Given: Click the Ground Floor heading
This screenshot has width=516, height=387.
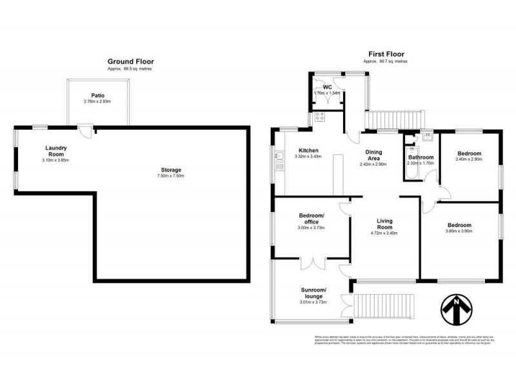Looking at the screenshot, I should click(130, 61).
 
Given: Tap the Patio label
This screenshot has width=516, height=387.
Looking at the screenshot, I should click(98, 95).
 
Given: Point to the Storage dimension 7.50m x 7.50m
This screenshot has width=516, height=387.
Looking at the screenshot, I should click(171, 176).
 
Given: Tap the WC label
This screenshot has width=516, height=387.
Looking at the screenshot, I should click(327, 87).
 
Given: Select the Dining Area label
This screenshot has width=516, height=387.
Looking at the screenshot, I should click(374, 155).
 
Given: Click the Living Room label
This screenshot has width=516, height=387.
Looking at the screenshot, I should click(384, 224).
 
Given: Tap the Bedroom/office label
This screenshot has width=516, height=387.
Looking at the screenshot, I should click(312, 218).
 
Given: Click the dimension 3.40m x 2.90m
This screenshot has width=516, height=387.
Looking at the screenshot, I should click(468, 160).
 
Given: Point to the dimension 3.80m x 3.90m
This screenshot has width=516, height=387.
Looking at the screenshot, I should click(459, 232).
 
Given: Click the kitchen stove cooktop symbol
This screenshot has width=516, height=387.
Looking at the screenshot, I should click(319, 117).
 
